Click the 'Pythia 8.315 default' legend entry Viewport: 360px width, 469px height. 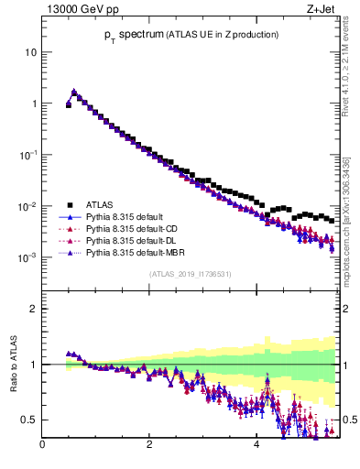128,217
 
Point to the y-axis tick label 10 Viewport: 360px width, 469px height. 30,52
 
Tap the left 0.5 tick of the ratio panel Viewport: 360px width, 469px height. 30,420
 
